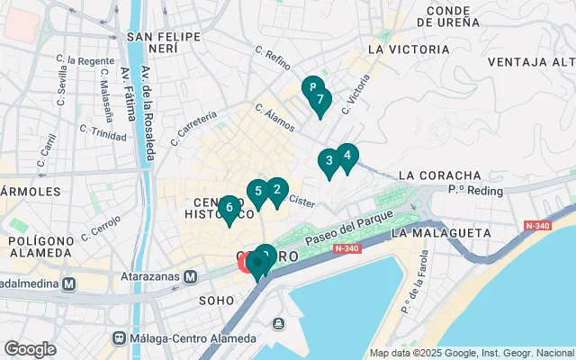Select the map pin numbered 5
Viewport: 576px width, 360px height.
(x=257, y=192)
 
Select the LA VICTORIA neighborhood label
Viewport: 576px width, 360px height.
(x=409, y=49)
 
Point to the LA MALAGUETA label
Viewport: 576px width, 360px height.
(x=435, y=233)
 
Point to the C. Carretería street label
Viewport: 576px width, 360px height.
(x=197, y=129)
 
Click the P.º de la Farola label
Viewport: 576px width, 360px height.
(x=417, y=292)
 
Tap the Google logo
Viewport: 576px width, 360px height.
(x=30, y=348)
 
